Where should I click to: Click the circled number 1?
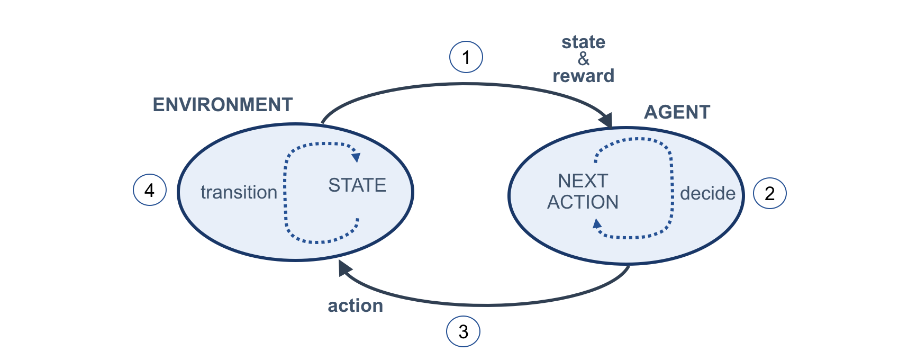[466, 57]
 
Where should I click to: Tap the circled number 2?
[769, 193]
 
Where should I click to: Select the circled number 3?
[463, 331]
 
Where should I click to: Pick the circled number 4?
[150, 190]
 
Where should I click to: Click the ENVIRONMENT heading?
[222, 105]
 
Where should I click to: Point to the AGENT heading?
[677, 112]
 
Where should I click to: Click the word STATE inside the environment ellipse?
[357, 185]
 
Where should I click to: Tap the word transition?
[239, 192]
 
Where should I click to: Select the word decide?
[707, 193]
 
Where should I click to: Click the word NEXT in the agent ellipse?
[583, 181]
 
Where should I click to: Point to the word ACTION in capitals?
[583, 202]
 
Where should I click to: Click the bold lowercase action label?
[355, 306]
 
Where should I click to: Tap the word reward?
[583, 76]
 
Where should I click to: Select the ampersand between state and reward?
[583, 59]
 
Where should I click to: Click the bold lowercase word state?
[583, 42]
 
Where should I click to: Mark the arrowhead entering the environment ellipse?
[344, 268]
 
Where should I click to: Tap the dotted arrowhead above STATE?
[356, 157]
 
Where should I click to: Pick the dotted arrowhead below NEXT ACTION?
[597, 224]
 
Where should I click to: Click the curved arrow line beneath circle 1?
[466, 84]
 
